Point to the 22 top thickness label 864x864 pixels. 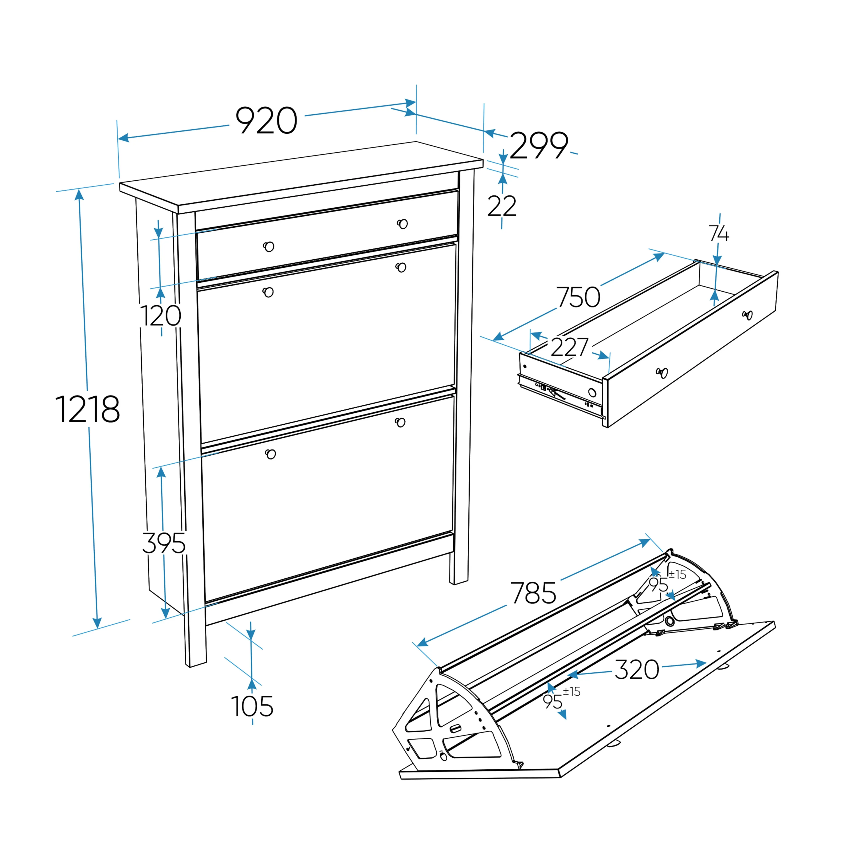click(502, 206)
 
